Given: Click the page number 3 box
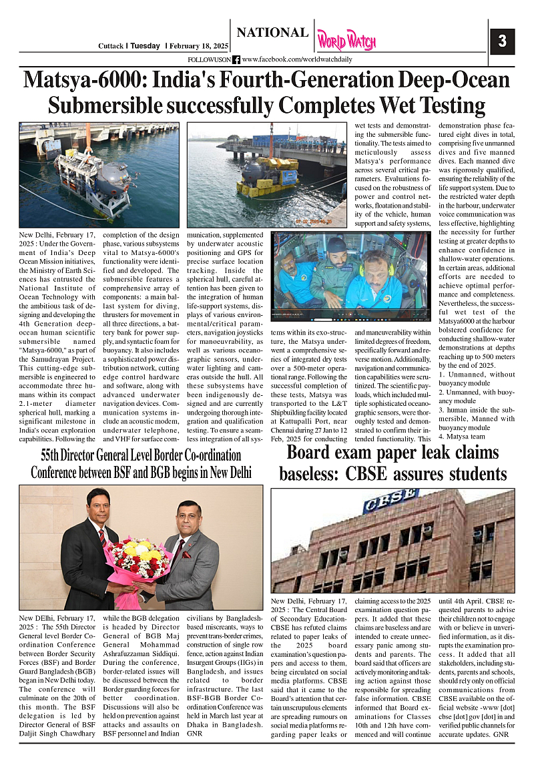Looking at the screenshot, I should [502, 41].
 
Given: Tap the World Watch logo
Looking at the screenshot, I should [346, 41].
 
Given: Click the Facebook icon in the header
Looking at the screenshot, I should [236, 59].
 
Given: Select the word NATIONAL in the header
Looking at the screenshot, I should [272, 33].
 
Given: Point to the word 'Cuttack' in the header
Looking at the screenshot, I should [110, 46].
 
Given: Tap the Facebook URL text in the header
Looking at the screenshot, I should [297, 59].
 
